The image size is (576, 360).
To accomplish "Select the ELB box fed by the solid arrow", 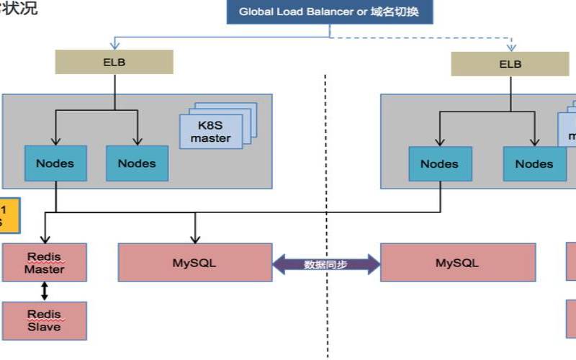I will (114, 62).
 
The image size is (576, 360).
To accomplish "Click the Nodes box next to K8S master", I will (137, 163).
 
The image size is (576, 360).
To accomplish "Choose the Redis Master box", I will (45, 263).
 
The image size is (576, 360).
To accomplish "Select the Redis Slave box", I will (45, 320).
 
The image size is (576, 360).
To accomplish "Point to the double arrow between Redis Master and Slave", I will (45, 291).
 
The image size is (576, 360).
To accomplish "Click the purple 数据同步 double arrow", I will (326, 264).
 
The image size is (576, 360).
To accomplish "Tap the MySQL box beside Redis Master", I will (194, 263).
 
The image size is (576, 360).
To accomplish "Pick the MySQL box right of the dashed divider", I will (457, 263).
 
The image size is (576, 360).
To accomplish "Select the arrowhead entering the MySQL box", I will (194, 239).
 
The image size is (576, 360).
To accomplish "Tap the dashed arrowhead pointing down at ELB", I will (510, 46).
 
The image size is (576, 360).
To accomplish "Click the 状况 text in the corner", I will (22, 9).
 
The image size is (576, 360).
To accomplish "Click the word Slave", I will (45, 327).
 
